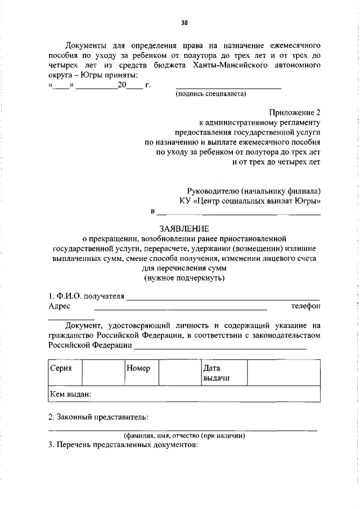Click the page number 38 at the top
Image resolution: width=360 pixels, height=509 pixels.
tap(184, 22)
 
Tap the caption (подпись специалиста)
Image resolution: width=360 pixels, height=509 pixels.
tap(211, 94)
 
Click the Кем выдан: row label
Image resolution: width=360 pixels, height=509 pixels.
tap(70, 394)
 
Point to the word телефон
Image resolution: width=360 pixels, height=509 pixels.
tap(305, 306)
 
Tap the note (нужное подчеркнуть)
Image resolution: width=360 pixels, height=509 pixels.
tap(184, 278)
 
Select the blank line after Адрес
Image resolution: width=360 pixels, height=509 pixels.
tap(180, 309)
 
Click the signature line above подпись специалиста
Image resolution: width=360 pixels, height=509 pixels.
tap(228, 88)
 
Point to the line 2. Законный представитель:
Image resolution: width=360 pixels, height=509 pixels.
tap(98, 417)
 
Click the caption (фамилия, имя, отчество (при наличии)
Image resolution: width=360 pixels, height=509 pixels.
tap(184, 435)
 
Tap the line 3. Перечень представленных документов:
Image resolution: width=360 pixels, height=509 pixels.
tap(123, 444)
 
